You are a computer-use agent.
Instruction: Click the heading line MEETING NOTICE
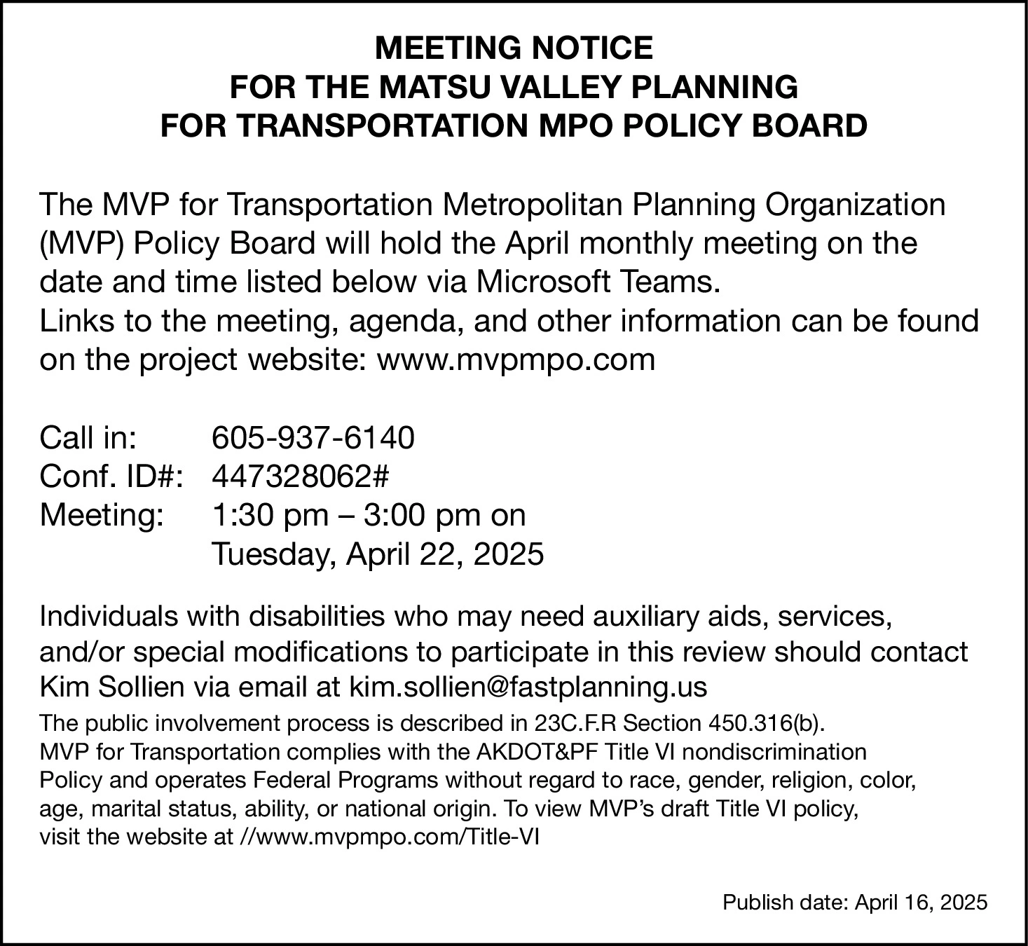click(514, 48)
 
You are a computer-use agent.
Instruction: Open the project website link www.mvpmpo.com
click(516, 359)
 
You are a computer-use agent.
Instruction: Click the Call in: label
click(88, 438)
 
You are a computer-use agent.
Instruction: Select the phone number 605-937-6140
click(313, 438)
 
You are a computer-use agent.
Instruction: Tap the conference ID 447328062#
click(300, 477)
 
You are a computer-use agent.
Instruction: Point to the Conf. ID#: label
click(111, 477)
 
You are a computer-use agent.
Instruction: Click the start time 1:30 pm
click(270, 516)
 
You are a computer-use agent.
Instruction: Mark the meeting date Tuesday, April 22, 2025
click(378, 555)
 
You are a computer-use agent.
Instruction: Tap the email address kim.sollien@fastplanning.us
click(528, 687)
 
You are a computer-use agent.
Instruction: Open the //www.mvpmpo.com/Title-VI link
click(386, 837)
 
